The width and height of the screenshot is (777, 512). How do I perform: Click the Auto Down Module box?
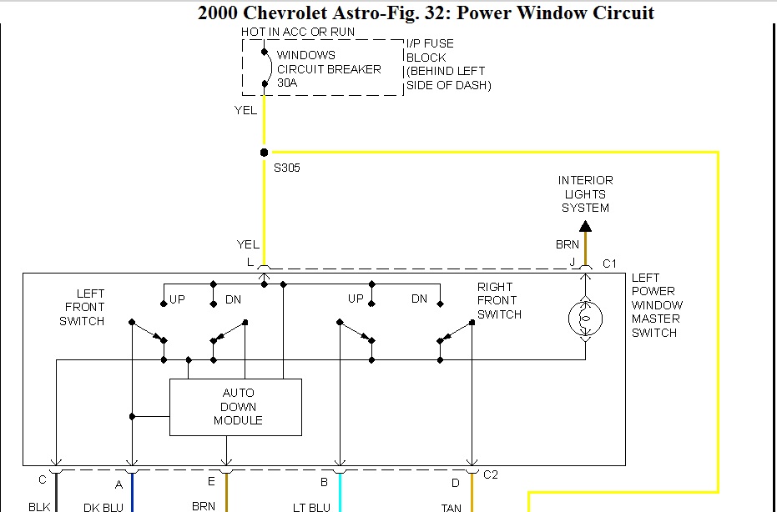(235, 407)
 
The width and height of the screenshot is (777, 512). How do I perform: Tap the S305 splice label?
(287, 168)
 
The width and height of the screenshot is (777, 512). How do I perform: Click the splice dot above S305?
(264, 153)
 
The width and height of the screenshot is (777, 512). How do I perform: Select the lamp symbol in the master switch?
(585, 319)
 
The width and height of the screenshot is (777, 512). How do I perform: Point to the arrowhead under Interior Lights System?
(585, 225)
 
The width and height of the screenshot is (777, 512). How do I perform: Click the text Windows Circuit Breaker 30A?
(329, 69)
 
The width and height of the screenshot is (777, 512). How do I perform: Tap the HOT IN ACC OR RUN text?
(298, 32)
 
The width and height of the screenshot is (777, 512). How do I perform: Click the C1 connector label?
(609, 264)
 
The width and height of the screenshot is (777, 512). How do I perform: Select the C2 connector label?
(491, 474)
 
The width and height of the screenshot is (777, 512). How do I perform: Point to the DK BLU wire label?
(103, 506)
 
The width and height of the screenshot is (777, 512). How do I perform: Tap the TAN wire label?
(452, 506)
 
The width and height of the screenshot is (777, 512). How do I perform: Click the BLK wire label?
(39, 506)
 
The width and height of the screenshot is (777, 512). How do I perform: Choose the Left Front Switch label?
(82, 307)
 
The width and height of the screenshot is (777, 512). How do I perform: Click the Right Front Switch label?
(499, 301)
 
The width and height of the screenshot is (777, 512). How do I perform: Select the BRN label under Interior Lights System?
(568, 245)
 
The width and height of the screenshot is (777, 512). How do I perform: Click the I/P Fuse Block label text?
(447, 64)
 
